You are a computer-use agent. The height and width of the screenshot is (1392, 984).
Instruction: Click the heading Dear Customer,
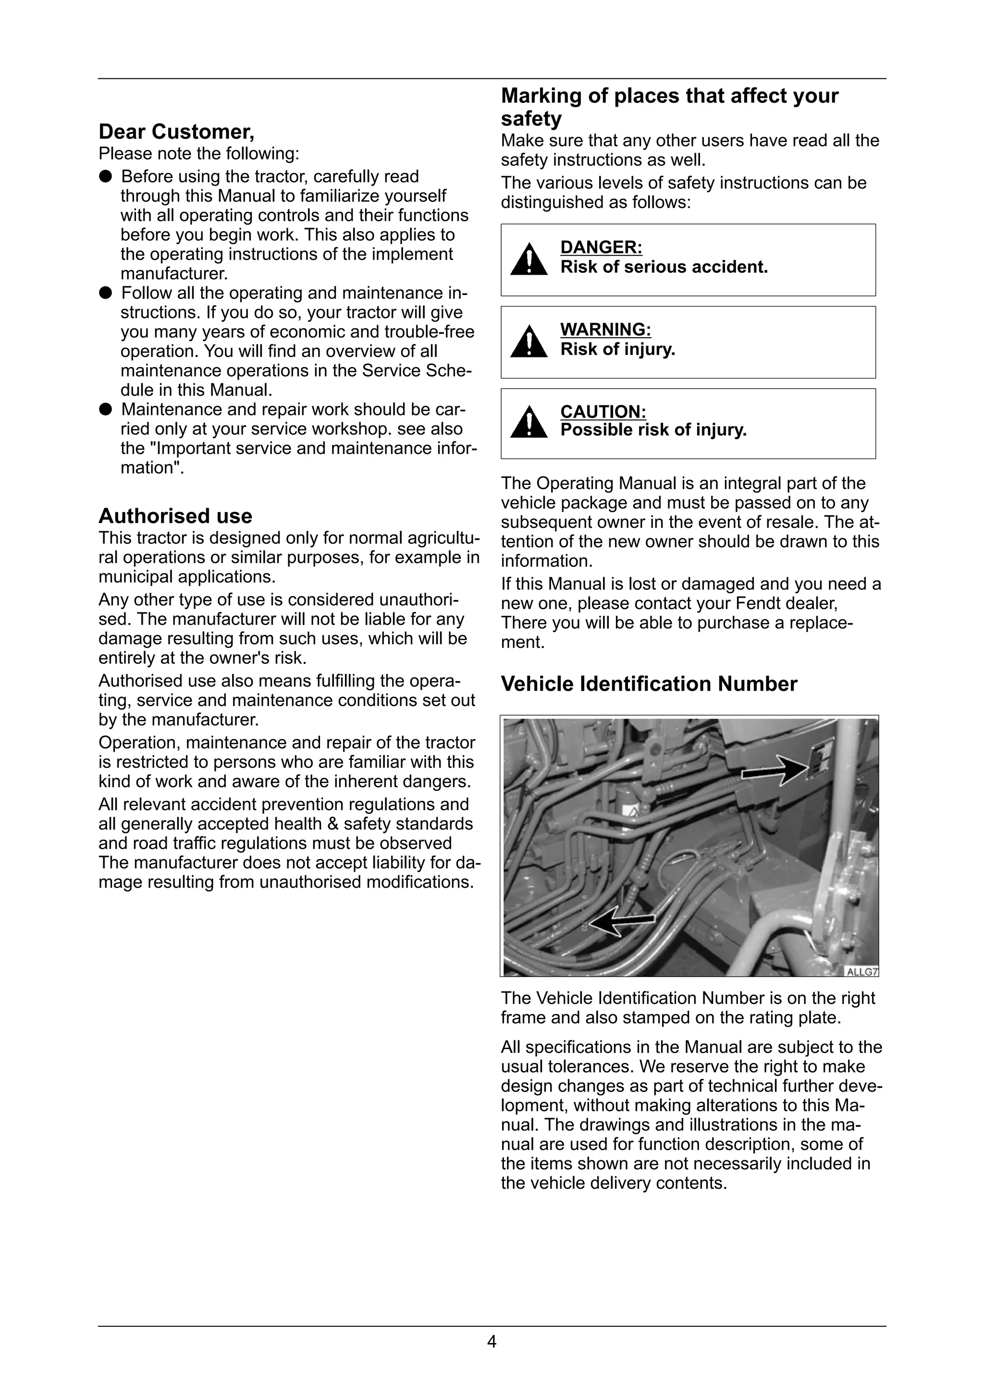pos(176,132)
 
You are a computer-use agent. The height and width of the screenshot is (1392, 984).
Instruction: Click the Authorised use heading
pos(175,516)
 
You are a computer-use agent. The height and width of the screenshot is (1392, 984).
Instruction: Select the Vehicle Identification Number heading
pos(649,684)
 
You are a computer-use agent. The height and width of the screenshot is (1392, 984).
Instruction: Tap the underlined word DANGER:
pos(601,247)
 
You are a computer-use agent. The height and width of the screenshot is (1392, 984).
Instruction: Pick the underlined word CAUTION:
pos(603,412)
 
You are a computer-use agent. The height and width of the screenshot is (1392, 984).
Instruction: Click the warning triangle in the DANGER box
pos(529,259)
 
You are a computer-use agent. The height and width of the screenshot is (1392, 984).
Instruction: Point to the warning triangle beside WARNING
pos(529,342)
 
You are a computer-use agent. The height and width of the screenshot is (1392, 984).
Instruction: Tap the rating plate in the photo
pos(821,758)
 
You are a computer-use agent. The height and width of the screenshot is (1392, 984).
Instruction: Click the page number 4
pos(492,1342)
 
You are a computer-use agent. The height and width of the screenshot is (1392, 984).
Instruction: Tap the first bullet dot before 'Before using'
pos(106,176)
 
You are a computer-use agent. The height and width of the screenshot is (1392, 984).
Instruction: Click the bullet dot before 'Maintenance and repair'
pos(106,409)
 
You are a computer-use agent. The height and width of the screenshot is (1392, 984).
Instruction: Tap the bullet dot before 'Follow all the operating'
pos(106,293)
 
